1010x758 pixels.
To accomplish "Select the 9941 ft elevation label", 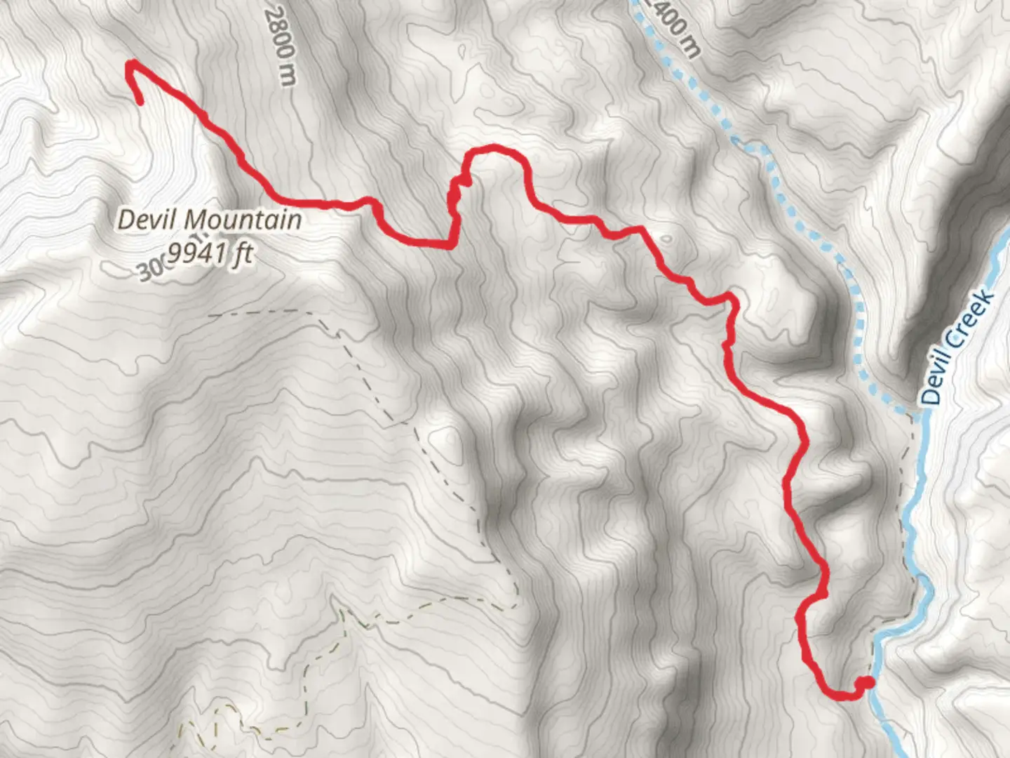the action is click(210, 253).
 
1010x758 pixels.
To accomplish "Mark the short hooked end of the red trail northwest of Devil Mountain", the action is click(137, 91).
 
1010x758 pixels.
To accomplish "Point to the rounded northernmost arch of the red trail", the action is click(495, 148).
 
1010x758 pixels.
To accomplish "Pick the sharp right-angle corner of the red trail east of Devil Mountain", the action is click(447, 244).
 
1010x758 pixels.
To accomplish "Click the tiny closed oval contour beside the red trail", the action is click(666, 239).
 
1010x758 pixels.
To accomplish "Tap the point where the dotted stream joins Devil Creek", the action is click(917, 414).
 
